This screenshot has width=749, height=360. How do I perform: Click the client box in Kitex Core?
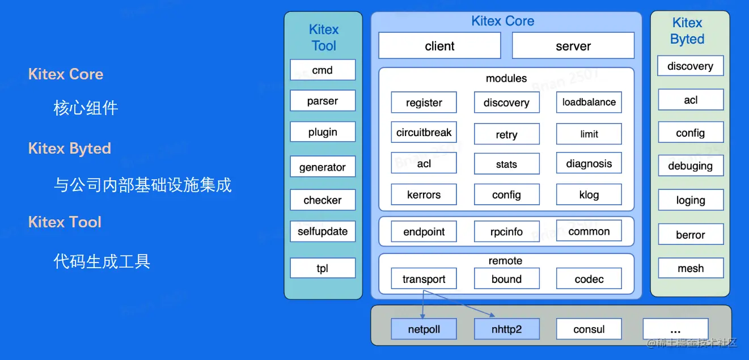click(439, 46)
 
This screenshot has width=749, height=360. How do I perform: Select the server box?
click(573, 46)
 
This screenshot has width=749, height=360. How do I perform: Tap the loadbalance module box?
click(589, 102)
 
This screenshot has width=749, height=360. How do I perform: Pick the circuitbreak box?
click(424, 133)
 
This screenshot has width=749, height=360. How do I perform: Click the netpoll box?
click(424, 329)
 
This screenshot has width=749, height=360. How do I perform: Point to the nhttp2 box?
click(506, 329)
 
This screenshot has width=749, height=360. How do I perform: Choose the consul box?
click(589, 329)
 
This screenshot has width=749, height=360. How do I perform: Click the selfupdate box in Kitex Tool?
click(323, 231)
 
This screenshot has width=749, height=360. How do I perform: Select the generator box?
click(323, 167)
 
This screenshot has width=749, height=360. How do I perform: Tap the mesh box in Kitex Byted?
click(690, 268)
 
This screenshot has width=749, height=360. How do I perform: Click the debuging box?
click(690, 166)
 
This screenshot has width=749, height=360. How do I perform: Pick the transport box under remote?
click(424, 279)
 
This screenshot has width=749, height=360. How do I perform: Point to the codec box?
click(589, 279)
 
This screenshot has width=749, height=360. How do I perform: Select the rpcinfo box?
click(506, 231)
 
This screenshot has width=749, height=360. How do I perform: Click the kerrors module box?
click(424, 194)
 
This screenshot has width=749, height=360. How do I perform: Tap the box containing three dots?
click(675, 329)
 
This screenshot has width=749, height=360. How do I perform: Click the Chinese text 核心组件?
click(86, 108)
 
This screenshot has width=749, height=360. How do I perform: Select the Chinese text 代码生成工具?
click(101, 261)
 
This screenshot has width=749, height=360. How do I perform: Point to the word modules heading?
click(506, 78)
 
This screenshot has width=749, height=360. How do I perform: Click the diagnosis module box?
click(589, 164)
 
